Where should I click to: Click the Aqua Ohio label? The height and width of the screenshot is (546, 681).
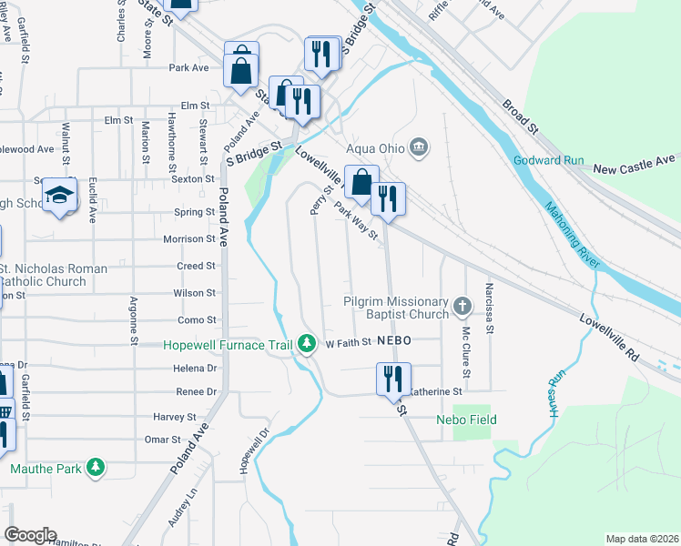tap(375, 147)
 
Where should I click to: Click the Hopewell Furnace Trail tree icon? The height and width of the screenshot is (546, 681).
tap(308, 344)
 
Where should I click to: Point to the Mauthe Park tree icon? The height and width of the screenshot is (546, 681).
tap(95, 470)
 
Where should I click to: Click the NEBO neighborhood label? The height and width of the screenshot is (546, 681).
tap(397, 339)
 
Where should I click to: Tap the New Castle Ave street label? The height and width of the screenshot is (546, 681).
tap(635, 169)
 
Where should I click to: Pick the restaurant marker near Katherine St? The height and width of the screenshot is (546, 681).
tap(394, 379)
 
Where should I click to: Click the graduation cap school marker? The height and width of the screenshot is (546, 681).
tap(60, 196)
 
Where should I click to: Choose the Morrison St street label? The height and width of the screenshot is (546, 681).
tap(189, 239)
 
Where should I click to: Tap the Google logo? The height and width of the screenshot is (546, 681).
tap(30, 535)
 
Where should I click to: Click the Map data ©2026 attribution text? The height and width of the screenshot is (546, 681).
tap(642, 539)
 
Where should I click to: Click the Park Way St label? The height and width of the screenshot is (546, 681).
tap(356, 222)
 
